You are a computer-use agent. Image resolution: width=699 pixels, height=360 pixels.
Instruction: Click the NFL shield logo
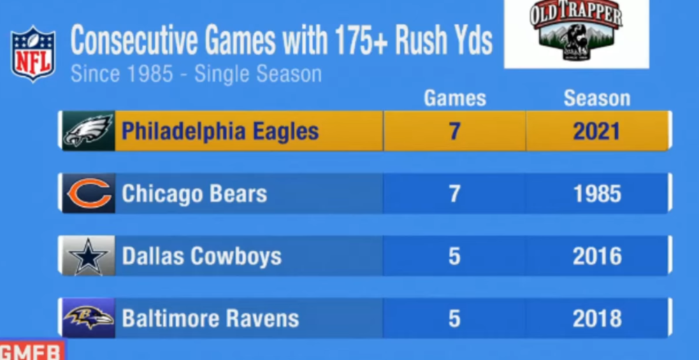coord(33,54)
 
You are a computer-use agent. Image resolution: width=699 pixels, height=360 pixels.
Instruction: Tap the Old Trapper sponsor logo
coord(576,34)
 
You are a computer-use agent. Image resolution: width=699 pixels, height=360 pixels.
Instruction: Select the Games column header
coord(454,99)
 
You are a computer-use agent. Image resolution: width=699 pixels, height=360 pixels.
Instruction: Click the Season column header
coord(597,99)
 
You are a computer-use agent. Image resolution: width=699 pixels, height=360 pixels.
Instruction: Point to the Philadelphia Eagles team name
coord(220,131)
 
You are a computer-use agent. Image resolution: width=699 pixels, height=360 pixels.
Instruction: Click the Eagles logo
coord(88,131)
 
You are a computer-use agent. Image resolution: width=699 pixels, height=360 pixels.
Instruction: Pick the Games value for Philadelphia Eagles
coord(454,131)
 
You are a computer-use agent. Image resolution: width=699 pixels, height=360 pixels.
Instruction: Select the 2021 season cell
coord(597,131)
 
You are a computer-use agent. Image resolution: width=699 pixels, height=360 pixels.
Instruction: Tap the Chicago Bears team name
coord(194,194)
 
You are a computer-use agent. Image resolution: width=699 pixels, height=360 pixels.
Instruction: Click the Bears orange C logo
coord(88,194)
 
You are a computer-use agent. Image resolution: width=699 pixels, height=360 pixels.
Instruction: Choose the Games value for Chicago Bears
coord(454,194)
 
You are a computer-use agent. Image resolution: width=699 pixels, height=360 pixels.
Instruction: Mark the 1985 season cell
coord(597,194)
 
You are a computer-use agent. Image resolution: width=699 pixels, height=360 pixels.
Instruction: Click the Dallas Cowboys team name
coord(201,256)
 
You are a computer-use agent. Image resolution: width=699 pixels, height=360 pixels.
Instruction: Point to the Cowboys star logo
coord(88,256)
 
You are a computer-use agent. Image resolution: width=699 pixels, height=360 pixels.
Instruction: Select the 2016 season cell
coord(597,256)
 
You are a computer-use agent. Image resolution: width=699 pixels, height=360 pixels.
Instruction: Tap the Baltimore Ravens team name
coord(210,319)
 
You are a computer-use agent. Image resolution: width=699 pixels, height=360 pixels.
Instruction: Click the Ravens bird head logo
coord(88,319)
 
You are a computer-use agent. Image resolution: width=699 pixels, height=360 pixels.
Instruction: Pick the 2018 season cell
coord(597,319)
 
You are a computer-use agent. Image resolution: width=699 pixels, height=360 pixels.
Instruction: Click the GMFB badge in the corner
coord(31,351)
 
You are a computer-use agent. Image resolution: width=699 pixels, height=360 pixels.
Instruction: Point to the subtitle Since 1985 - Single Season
coord(196,74)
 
